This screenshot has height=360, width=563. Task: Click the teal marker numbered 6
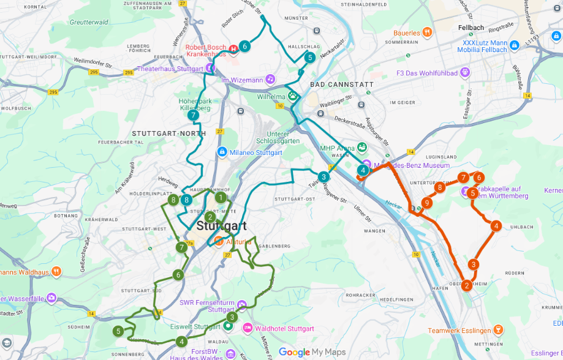(x=244, y=46)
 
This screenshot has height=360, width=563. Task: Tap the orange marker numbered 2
(x=467, y=285)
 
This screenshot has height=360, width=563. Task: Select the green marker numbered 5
(x=118, y=331)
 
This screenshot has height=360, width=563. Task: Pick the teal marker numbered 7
(x=194, y=115)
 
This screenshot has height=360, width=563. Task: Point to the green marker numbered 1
(x=221, y=197)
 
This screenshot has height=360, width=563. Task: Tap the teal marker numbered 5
(x=310, y=58)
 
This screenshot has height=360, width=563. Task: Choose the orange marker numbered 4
(x=496, y=226)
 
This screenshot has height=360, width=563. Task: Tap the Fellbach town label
(x=470, y=28)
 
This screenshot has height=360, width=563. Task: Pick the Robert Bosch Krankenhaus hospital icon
(x=233, y=49)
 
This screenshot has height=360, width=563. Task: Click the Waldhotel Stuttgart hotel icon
(x=247, y=328)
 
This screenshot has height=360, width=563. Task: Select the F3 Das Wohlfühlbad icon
(x=466, y=73)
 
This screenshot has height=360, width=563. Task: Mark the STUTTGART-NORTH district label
(x=169, y=133)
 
